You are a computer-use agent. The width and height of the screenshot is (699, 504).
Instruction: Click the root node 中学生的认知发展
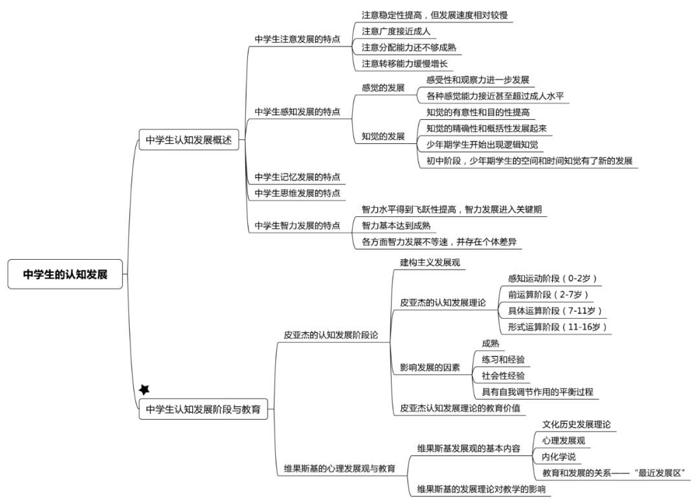pyautogui.click(x=65, y=274)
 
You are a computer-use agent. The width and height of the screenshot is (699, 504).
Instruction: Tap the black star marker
pyautogui.click(x=144, y=389)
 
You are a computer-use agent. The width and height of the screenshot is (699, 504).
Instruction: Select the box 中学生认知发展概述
pyautogui.click(x=189, y=139)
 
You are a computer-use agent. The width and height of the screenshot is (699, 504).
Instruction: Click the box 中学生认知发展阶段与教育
pyautogui.click(x=203, y=409)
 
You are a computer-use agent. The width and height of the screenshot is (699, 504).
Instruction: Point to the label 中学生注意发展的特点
pyautogui.click(x=297, y=40)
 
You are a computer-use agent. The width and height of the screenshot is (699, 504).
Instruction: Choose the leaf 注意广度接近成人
pyautogui.click(x=396, y=31)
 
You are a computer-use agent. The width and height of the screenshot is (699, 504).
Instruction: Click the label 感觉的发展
pyautogui.click(x=383, y=88)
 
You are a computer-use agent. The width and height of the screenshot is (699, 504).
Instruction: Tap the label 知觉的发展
pyautogui.click(x=383, y=136)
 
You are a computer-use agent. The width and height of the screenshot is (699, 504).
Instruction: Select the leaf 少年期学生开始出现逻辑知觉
pyautogui.click(x=482, y=144)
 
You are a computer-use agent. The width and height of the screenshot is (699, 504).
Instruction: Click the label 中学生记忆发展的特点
pyautogui.click(x=297, y=177)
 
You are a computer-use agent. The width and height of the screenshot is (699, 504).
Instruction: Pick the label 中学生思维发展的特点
pyautogui.click(x=297, y=193)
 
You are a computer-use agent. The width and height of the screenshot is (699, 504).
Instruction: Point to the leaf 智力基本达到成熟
pyautogui.click(x=396, y=225)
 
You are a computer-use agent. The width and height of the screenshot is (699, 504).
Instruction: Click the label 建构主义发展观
pyautogui.click(x=430, y=262)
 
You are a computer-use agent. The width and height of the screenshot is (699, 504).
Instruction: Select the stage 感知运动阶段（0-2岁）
pyautogui.click(x=552, y=279)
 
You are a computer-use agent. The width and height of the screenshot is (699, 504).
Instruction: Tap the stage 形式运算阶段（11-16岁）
pyautogui.click(x=557, y=327)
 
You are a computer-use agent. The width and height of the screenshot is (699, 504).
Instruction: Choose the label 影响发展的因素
pyautogui.click(x=430, y=367)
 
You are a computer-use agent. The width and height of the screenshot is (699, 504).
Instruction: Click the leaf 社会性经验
pyautogui.click(x=503, y=376)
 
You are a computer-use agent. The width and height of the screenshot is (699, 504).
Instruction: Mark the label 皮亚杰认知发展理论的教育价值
pyautogui.click(x=460, y=408)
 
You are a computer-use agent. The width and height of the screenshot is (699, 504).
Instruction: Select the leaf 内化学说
pyautogui.click(x=559, y=457)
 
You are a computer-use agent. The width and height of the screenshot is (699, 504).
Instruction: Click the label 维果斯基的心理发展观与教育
pyautogui.click(x=340, y=469)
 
